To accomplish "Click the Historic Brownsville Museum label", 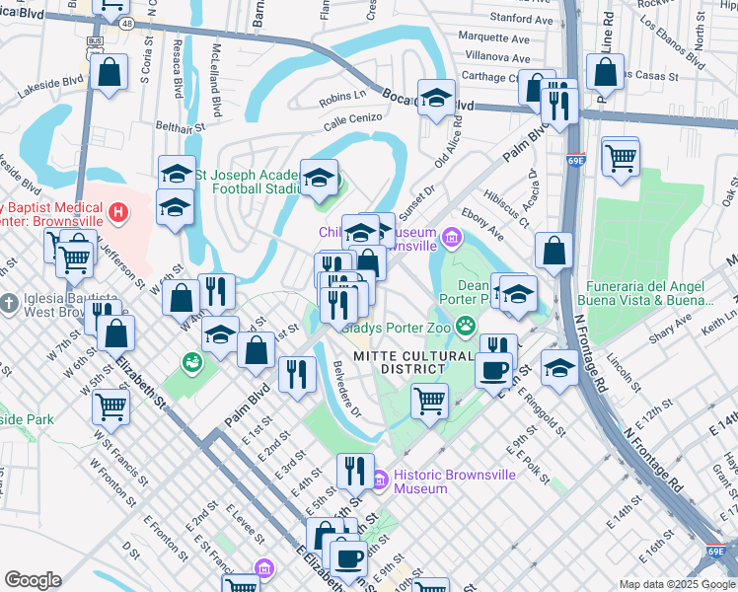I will pos(455,481).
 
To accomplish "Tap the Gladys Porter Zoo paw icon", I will pos(464,326).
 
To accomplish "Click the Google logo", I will pos(33,580).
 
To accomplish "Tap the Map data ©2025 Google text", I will pos(676,584).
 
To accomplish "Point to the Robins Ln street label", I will pos(342,98).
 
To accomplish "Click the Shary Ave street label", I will pos(672,329).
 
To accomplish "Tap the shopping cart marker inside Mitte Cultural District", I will pos(429,401).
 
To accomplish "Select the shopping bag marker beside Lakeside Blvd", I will pos(110,72).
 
